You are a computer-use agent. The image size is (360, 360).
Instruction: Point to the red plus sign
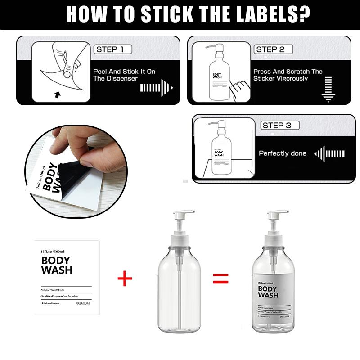(x=125, y=279)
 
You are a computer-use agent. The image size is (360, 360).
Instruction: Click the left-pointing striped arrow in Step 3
(x=329, y=154)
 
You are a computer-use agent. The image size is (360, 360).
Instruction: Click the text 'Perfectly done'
(x=282, y=153)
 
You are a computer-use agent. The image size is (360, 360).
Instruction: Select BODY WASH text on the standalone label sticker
(x=57, y=265)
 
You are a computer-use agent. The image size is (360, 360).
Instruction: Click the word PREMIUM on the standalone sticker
(x=82, y=303)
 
